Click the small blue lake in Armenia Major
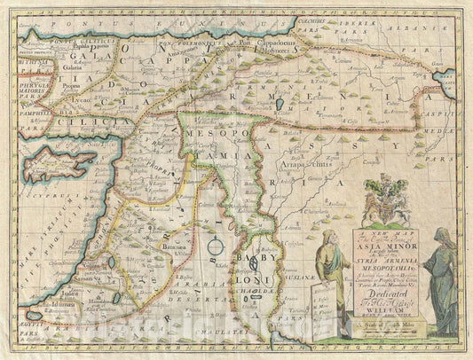280,104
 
